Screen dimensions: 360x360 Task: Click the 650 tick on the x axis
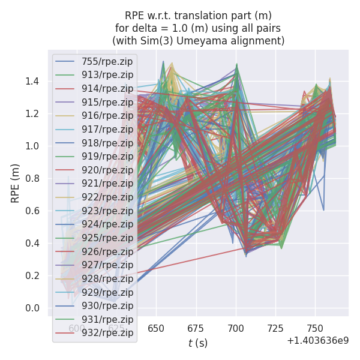(x=157, y=328)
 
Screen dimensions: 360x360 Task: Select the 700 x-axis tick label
(x=236, y=328)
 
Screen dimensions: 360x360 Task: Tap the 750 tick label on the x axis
(x=316, y=328)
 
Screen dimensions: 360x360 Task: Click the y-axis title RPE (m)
(x=16, y=183)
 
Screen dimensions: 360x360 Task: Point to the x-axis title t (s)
(x=197, y=343)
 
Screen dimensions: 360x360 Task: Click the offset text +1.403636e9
(x=317, y=341)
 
